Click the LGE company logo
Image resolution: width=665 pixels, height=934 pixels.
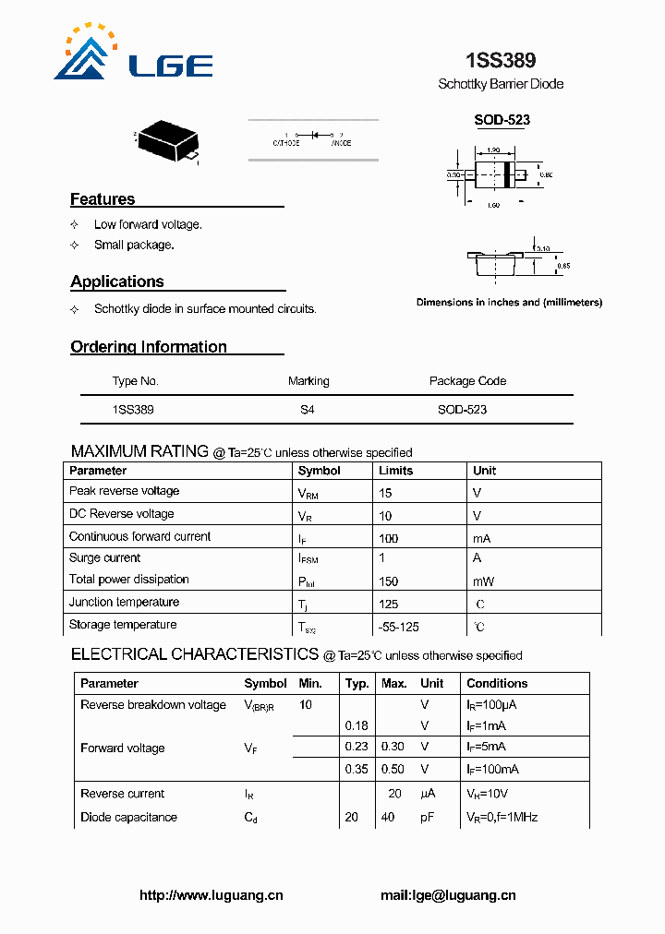pyautogui.click(x=133, y=54)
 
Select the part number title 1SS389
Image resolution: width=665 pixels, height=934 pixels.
pyautogui.click(x=501, y=61)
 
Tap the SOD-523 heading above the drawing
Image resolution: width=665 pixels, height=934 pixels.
pyautogui.click(x=502, y=120)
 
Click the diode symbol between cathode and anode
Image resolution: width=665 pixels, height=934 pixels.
pyautogui.click(x=314, y=135)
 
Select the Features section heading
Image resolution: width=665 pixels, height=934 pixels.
pyautogui.click(x=103, y=199)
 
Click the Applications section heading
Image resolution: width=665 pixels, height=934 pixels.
pyautogui.click(x=117, y=281)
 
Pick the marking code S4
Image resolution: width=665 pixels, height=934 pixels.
pyautogui.click(x=308, y=409)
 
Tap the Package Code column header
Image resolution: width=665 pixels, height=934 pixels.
pyautogui.click(x=467, y=381)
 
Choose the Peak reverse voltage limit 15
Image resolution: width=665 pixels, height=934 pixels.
pyautogui.click(x=386, y=493)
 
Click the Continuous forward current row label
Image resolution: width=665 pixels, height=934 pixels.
pyautogui.click(x=139, y=536)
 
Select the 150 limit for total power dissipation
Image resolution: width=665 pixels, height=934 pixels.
pyautogui.click(x=389, y=581)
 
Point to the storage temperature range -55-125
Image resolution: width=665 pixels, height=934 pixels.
pyautogui.click(x=399, y=627)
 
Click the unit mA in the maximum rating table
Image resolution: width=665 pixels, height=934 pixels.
pyautogui.click(x=482, y=537)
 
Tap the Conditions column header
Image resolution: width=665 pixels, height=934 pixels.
pyautogui.click(x=497, y=684)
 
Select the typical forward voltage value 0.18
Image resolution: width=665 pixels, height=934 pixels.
pyautogui.click(x=356, y=725)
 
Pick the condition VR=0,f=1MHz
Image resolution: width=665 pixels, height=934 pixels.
pyautogui.click(x=502, y=818)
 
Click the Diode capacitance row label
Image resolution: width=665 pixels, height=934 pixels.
pyautogui.click(x=128, y=818)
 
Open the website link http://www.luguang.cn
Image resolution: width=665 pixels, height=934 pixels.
pyautogui.click(x=211, y=895)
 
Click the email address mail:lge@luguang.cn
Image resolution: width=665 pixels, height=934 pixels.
pyautogui.click(x=448, y=895)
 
